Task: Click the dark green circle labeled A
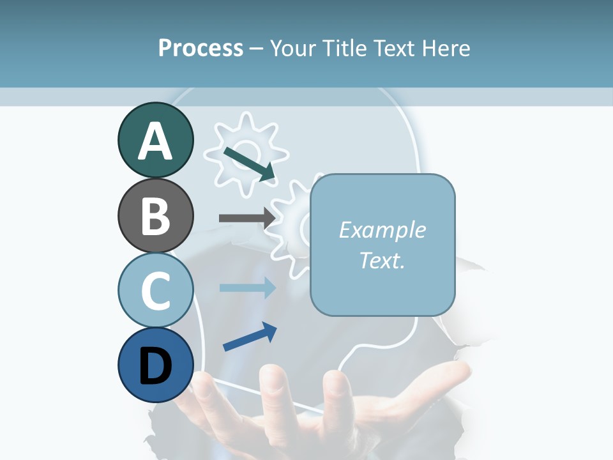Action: click(155, 140)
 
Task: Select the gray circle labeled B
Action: click(155, 215)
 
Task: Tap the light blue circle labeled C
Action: click(155, 290)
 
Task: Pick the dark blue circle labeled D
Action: click(155, 365)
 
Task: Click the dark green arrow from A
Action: click(250, 164)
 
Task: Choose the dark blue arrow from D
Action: click(250, 337)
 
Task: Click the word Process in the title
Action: click(201, 48)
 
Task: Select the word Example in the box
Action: click(382, 230)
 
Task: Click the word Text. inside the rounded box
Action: click(382, 260)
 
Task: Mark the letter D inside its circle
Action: click(155, 366)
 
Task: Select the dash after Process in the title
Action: click(257, 49)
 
